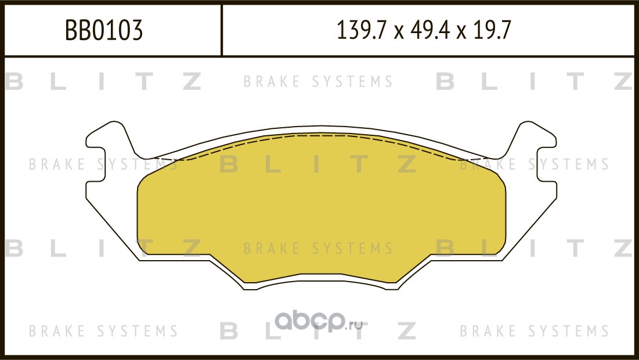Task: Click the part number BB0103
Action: [x=103, y=31]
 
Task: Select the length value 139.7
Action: [x=361, y=31]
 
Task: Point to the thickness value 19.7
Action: [x=491, y=31]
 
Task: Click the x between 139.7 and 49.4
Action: [x=398, y=33]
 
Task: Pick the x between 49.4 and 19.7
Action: [x=461, y=33]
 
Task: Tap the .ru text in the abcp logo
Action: [x=355, y=324]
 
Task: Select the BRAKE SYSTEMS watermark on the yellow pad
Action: [x=318, y=249]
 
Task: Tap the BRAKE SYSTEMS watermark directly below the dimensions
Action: [x=318, y=82]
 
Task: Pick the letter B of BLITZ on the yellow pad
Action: [x=229, y=165]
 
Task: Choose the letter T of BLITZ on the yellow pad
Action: [x=360, y=165]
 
